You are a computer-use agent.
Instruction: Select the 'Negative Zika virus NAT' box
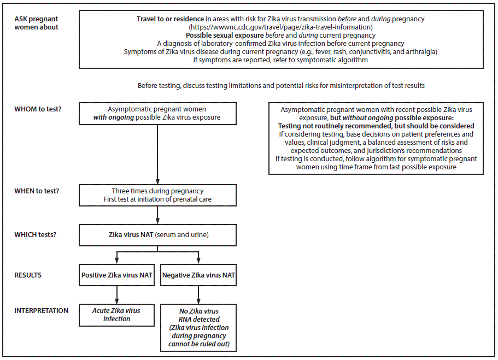click(x=198, y=275)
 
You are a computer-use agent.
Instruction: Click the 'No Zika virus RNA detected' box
click(x=198, y=327)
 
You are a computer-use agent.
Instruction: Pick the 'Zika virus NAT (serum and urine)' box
click(x=158, y=235)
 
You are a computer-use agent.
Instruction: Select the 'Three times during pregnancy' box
click(x=158, y=195)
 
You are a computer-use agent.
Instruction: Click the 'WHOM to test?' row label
click(x=38, y=109)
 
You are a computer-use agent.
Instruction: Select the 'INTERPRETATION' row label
click(x=42, y=310)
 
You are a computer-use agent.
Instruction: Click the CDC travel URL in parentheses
click(x=280, y=27)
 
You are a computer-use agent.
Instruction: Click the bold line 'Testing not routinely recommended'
click(x=376, y=126)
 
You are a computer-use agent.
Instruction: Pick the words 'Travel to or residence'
click(x=173, y=19)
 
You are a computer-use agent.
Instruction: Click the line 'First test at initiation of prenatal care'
click(x=158, y=199)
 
